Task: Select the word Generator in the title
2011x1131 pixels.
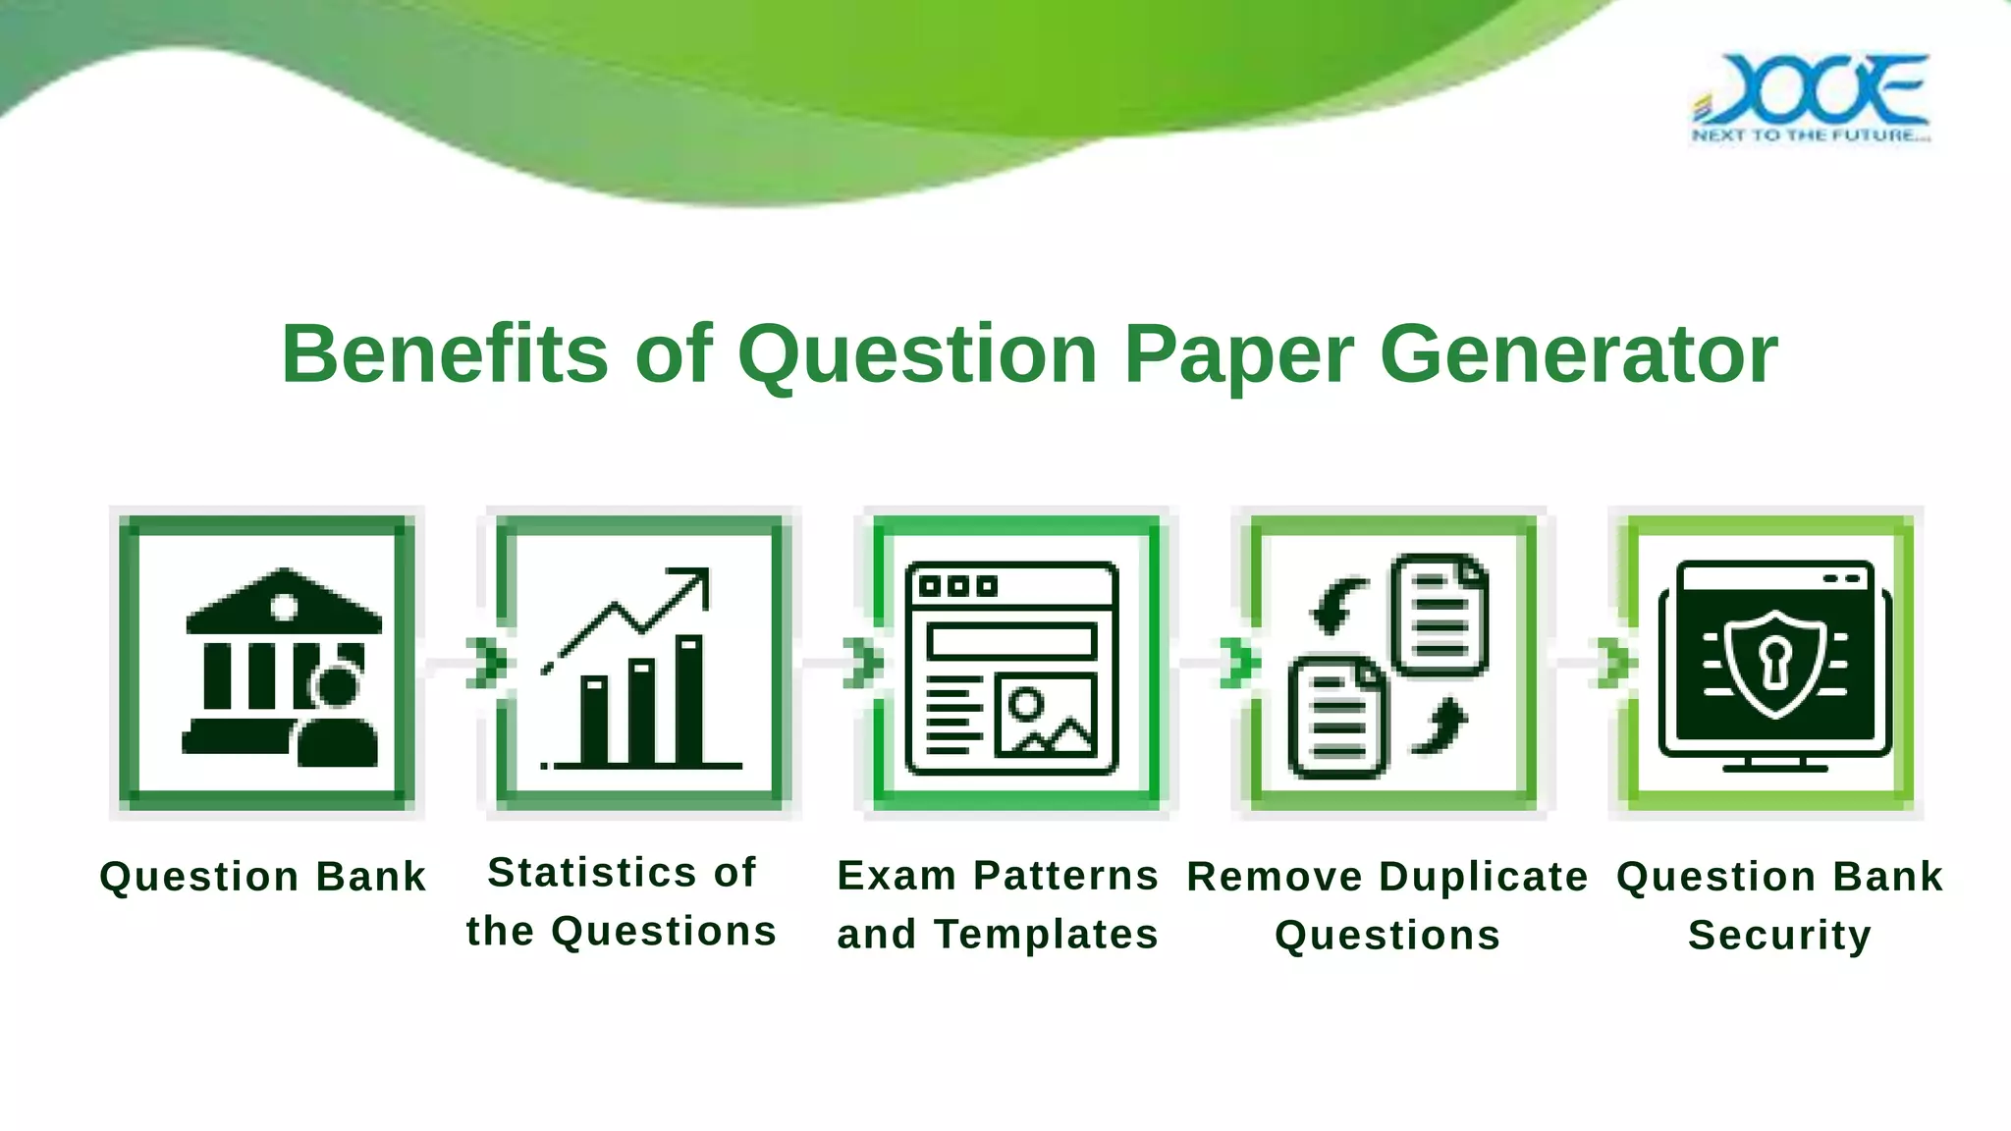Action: [1579, 353]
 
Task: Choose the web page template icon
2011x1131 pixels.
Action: [1011, 668]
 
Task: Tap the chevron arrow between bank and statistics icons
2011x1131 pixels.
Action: [487, 663]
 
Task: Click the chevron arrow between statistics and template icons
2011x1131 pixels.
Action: [863, 663]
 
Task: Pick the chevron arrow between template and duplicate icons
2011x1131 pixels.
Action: [1239, 663]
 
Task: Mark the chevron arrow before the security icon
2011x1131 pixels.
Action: [1615, 663]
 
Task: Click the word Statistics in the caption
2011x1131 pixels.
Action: [592, 872]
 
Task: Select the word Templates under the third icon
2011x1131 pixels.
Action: [1046, 934]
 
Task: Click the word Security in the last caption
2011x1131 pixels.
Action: [1779, 935]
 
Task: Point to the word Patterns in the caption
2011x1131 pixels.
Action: [1065, 875]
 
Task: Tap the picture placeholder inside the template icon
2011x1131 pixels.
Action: [1046, 715]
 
